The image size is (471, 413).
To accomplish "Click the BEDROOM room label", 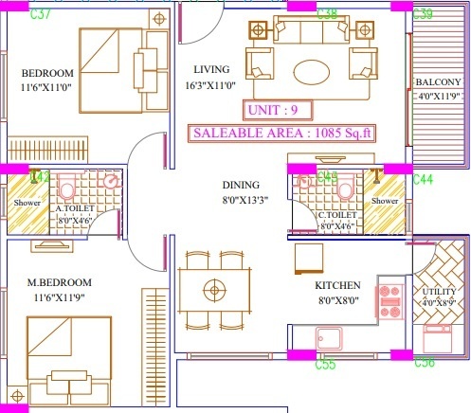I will coord(47,74).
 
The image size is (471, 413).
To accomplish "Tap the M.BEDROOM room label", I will coord(59,282).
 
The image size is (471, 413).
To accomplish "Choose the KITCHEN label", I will coord(337,285).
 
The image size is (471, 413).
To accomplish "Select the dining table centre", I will coord(217,287).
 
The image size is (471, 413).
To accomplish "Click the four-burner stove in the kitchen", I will coord(389,298).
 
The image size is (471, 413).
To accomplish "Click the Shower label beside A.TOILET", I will coord(26,203).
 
